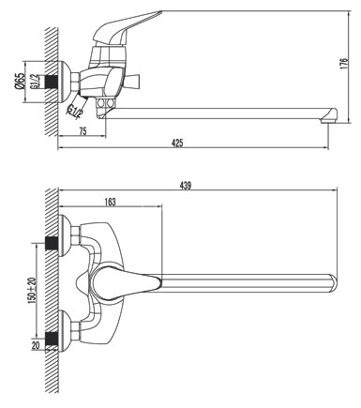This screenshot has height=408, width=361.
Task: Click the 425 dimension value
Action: click(x=177, y=144)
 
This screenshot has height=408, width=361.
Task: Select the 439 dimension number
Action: click(x=185, y=186)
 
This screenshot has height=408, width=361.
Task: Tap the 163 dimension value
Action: click(x=110, y=202)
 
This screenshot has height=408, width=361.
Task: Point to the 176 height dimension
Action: click(x=344, y=64)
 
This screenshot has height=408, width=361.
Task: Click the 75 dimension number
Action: click(x=83, y=131)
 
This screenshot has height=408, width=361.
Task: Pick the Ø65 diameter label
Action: click(x=20, y=81)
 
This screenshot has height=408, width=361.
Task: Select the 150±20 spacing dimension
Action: click(x=33, y=289)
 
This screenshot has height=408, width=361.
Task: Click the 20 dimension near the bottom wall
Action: click(x=36, y=345)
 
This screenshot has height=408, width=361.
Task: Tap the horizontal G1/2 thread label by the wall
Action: click(x=35, y=82)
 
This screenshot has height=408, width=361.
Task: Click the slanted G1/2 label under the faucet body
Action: click(x=75, y=111)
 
